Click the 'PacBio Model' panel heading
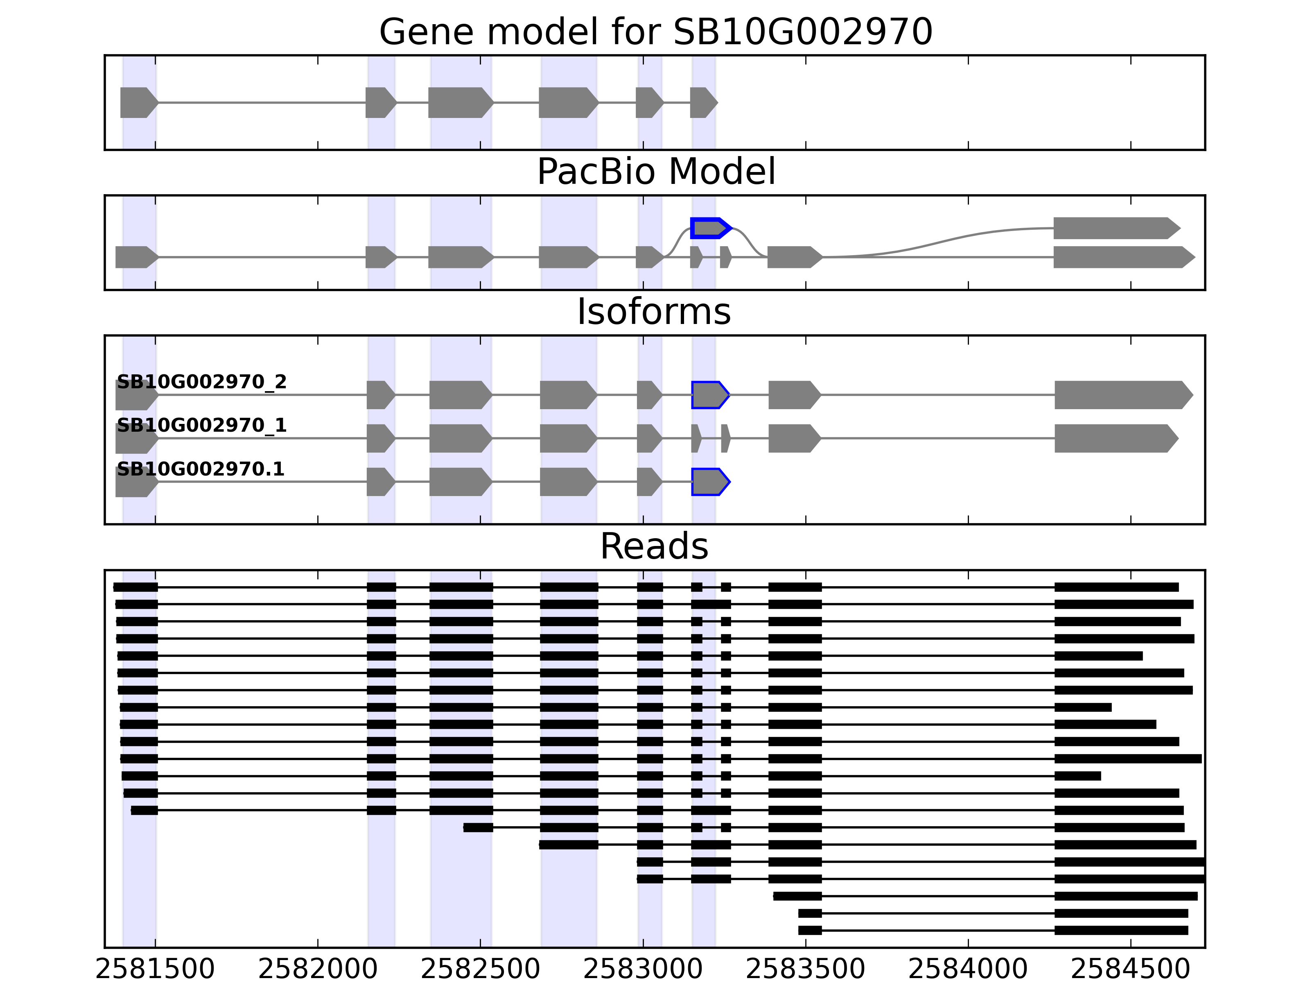[x=655, y=172]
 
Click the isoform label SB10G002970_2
[x=201, y=382]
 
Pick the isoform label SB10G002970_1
[x=201, y=426]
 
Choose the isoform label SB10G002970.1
[x=200, y=469]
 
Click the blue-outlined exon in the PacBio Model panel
[x=709, y=228]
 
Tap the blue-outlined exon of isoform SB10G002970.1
[x=709, y=482]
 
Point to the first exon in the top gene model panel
[x=138, y=102]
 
